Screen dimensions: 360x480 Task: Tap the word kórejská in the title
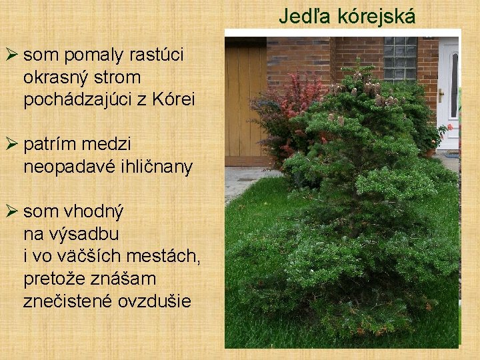point(377,16)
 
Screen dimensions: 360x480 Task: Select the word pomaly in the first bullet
point(89,55)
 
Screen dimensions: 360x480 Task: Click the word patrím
point(51,143)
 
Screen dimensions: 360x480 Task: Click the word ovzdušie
point(154,301)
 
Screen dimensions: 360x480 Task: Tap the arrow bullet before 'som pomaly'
point(11,55)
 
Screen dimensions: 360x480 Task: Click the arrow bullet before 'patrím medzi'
point(11,143)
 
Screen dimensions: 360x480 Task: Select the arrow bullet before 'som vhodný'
point(11,212)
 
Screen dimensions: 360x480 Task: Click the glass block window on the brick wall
point(400,59)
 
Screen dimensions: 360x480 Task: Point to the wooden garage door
point(245,100)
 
